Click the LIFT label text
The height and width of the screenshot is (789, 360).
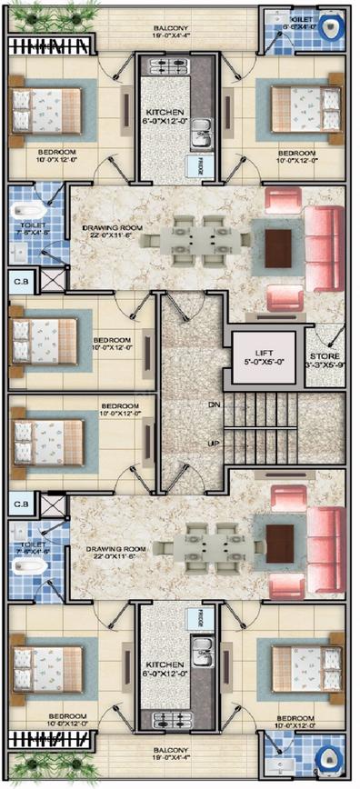[x=263, y=350]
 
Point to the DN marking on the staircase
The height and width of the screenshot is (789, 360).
[x=215, y=404]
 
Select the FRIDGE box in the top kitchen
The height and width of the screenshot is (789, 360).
[x=194, y=165]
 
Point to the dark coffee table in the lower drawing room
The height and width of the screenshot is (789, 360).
[x=279, y=544]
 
